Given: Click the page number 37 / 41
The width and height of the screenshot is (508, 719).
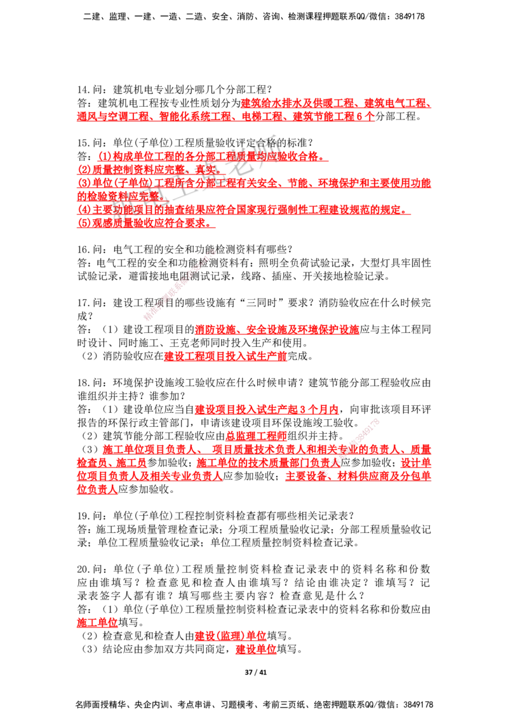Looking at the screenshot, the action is pos(255,672).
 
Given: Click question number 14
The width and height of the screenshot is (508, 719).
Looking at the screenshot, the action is pos(83,90).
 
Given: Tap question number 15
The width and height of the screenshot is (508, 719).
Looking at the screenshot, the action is pos(83,143).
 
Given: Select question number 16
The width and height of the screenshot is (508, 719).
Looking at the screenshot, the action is pos(83,250).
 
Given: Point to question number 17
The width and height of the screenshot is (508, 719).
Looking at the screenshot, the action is pos(83,302).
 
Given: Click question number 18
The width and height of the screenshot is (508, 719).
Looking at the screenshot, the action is pos(83,382).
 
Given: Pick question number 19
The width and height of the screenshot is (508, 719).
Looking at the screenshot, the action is pos(83,516).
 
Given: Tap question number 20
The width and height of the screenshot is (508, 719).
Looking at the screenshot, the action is pos(83,569).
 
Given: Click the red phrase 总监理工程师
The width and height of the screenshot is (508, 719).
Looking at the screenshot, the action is pos(257,436).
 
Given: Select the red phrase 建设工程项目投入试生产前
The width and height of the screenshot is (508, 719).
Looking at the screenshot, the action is pos(225,356).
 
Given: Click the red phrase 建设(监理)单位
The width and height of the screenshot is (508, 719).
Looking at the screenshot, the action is pos(231,636).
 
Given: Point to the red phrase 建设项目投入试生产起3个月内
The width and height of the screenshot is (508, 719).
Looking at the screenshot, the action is pos(266,409).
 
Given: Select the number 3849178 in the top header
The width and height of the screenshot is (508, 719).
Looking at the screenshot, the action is pos(410,17).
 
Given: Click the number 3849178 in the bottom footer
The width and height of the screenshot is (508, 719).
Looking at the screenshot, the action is pos(417,704).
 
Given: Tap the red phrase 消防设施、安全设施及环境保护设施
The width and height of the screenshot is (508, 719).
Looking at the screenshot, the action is pos(277,329).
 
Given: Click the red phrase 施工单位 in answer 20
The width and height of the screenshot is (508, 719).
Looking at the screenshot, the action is pos(97,622).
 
